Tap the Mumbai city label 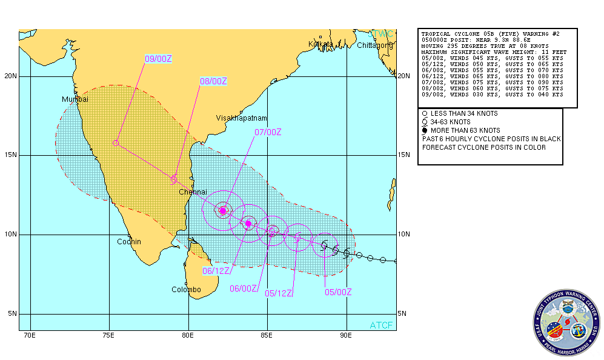click(75, 99)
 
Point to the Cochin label click(129, 242)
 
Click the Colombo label click(185, 290)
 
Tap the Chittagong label click(374, 45)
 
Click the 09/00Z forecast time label click(159, 59)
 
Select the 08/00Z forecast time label click(213, 81)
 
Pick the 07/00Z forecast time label click(268, 132)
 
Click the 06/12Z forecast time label click(216, 271)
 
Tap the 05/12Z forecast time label click(279, 293)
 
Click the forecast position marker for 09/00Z click(115, 143)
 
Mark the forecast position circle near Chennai click(173, 179)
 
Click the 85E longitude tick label click(267, 335)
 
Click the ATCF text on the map click(381, 325)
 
